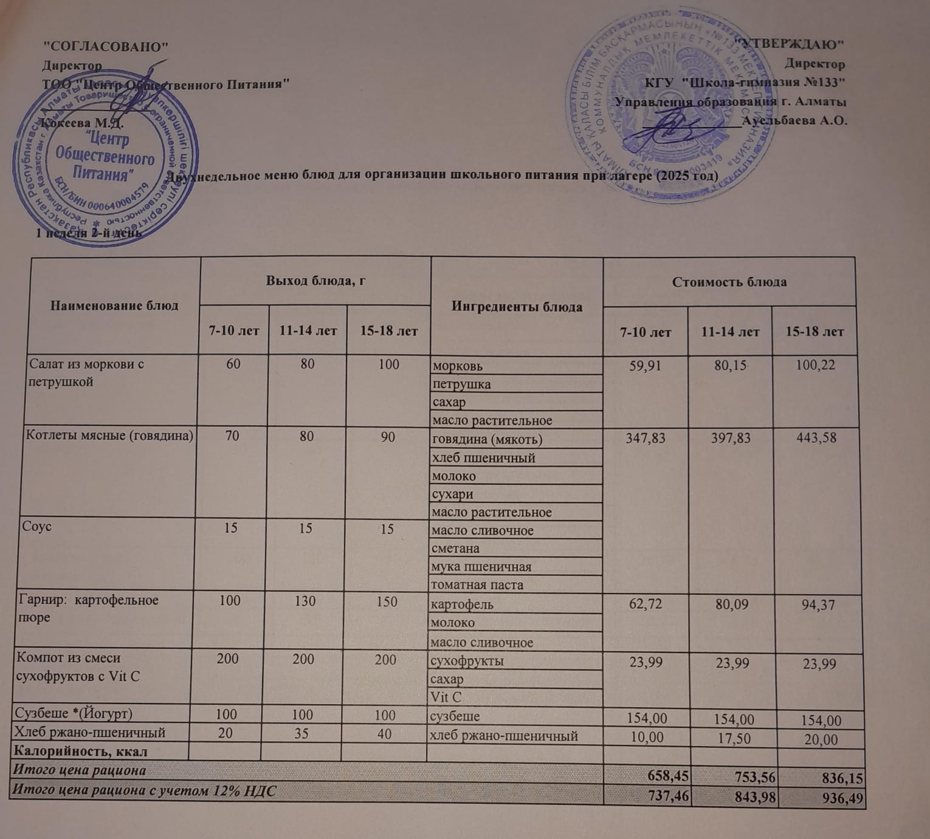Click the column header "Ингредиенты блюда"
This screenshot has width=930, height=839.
(x=517, y=307)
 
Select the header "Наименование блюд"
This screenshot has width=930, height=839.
(x=114, y=305)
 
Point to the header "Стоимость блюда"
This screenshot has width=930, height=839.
(x=729, y=282)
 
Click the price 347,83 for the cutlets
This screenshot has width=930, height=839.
(x=646, y=438)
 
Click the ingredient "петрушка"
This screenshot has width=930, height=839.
(x=461, y=384)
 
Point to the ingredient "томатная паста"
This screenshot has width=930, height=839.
(x=477, y=585)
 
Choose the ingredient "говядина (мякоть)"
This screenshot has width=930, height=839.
(x=486, y=439)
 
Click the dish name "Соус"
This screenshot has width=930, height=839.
(x=36, y=526)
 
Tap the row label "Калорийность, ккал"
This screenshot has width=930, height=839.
(x=80, y=751)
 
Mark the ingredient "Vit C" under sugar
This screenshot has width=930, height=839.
(x=446, y=697)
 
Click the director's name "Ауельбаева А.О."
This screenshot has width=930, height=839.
(x=795, y=120)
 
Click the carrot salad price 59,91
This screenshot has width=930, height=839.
(x=646, y=366)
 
